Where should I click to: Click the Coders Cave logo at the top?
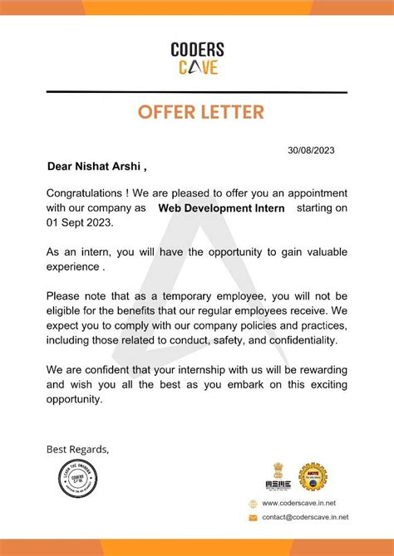coord(197,59)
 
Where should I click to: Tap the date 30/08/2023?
coord(311,150)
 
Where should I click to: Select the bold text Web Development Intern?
coord(221,208)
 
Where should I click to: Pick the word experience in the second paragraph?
coord(73,268)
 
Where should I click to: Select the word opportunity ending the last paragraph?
coord(74,398)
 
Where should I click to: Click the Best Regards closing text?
coord(77,449)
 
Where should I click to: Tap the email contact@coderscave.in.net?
coord(305,517)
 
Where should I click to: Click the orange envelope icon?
coord(253,517)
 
